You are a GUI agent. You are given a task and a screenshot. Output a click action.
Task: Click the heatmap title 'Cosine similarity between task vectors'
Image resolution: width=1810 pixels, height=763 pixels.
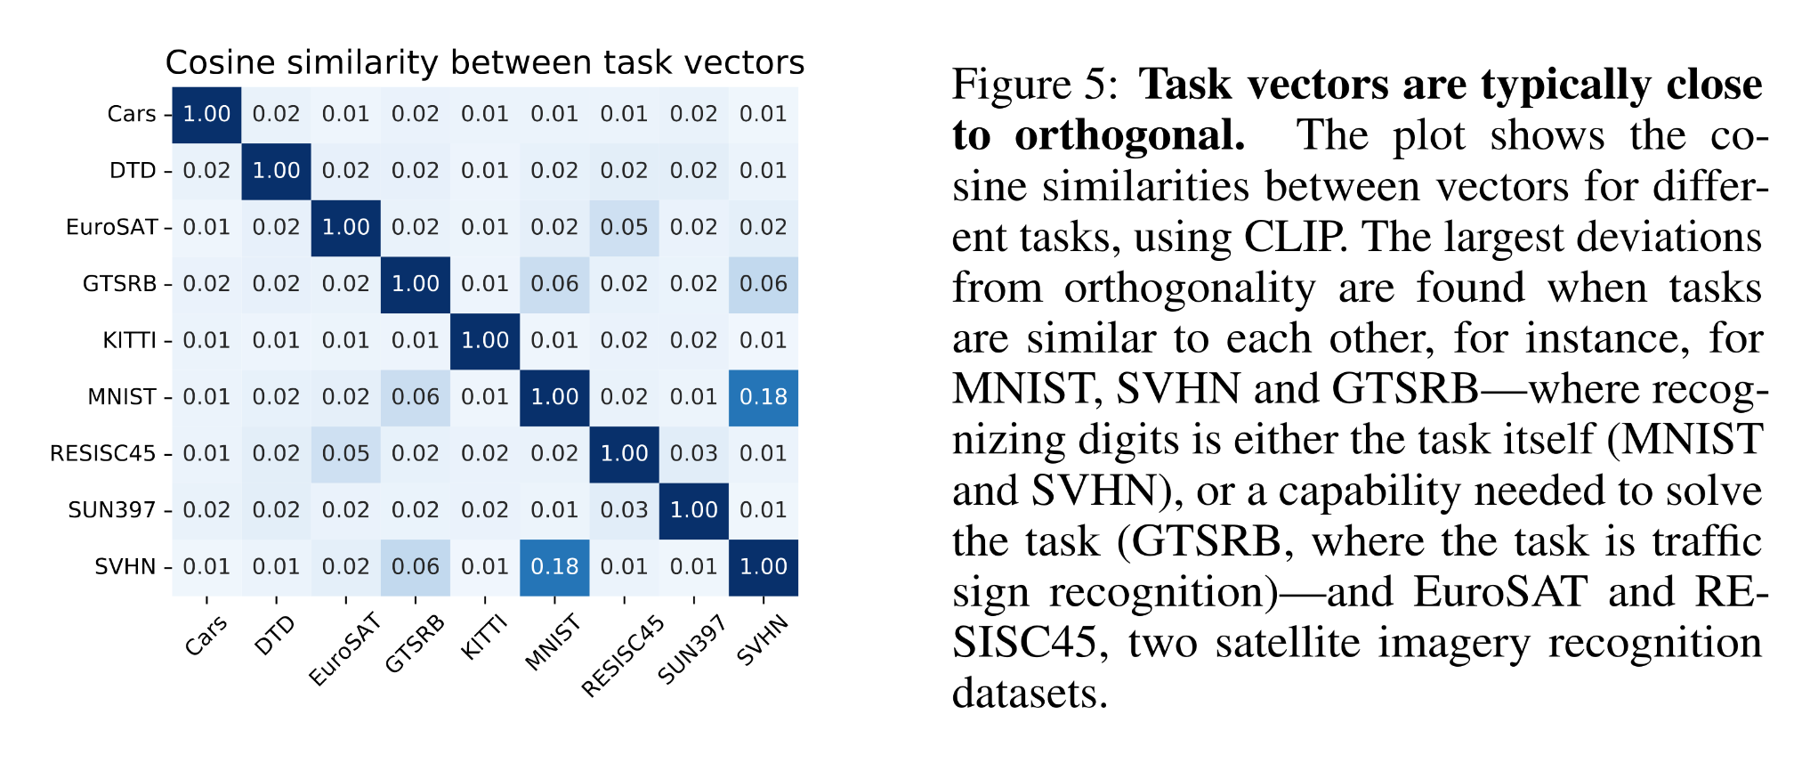click(484, 63)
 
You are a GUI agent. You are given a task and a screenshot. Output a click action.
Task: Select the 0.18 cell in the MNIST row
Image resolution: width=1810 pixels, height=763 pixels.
click(763, 397)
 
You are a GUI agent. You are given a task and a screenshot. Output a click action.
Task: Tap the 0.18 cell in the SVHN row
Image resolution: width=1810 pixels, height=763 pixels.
click(554, 567)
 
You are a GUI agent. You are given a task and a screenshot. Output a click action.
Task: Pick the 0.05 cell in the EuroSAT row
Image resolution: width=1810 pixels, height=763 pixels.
click(624, 227)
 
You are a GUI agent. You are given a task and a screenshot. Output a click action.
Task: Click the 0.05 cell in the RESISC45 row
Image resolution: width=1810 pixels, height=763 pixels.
click(345, 454)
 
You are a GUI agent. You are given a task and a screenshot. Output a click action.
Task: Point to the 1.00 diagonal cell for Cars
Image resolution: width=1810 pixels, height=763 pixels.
click(206, 114)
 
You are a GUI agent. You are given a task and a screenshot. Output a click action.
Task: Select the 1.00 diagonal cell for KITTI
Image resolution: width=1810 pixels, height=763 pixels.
click(485, 340)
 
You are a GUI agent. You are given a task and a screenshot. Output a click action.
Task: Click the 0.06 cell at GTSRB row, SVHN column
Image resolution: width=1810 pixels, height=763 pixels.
click(763, 284)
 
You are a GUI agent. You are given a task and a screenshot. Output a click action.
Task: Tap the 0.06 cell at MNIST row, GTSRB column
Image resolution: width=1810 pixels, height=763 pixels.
click(416, 397)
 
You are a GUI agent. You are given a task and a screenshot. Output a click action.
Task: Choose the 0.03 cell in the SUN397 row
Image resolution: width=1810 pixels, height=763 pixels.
click(624, 510)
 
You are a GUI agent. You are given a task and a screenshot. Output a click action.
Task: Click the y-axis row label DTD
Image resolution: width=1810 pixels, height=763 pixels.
click(133, 171)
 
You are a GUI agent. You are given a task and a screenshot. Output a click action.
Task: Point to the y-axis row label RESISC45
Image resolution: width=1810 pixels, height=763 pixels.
click(102, 454)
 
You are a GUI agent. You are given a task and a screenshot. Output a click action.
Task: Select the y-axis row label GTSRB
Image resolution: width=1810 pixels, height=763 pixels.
click(119, 284)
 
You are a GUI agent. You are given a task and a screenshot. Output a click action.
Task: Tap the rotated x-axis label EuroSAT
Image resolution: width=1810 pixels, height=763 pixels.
click(344, 650)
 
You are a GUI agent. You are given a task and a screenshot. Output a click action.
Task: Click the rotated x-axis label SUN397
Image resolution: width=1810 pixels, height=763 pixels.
click(691, 650)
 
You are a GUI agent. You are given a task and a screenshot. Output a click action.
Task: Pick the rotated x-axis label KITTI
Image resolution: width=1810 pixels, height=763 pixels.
click(483, 637)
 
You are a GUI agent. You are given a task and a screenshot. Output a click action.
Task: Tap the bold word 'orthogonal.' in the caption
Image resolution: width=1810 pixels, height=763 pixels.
click(1129, 136)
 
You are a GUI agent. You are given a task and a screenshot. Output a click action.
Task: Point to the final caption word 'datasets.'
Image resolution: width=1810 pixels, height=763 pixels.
click(1030, 694)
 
